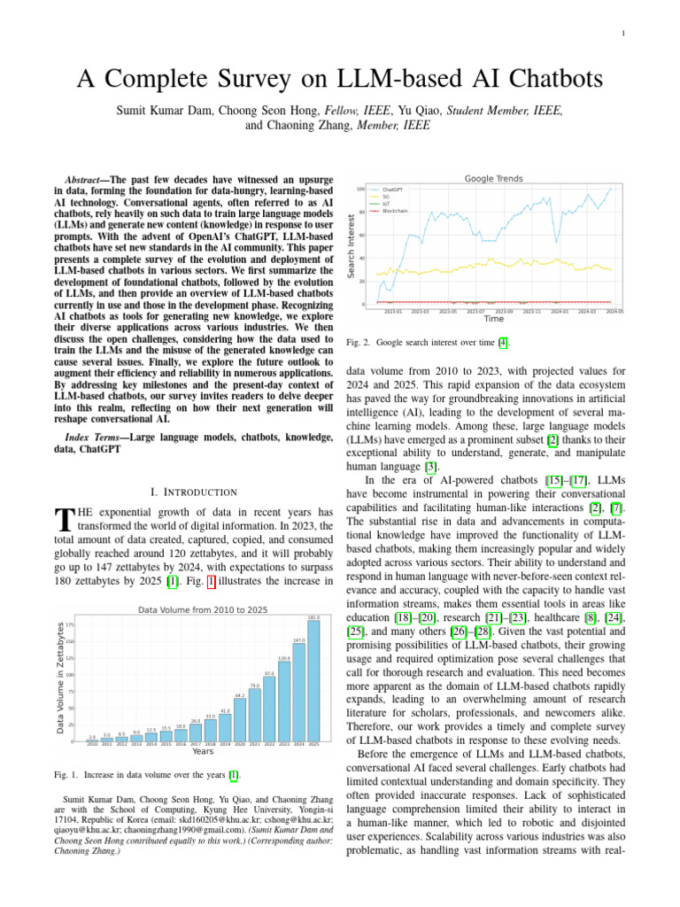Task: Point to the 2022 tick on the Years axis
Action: click(x=269, y=745)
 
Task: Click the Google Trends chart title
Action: click(x=493, y=178)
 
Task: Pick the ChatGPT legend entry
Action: click(x=392, y=190)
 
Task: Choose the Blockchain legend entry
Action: click(x=395, y=212)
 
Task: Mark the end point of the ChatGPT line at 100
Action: click(x=610, y=189)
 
